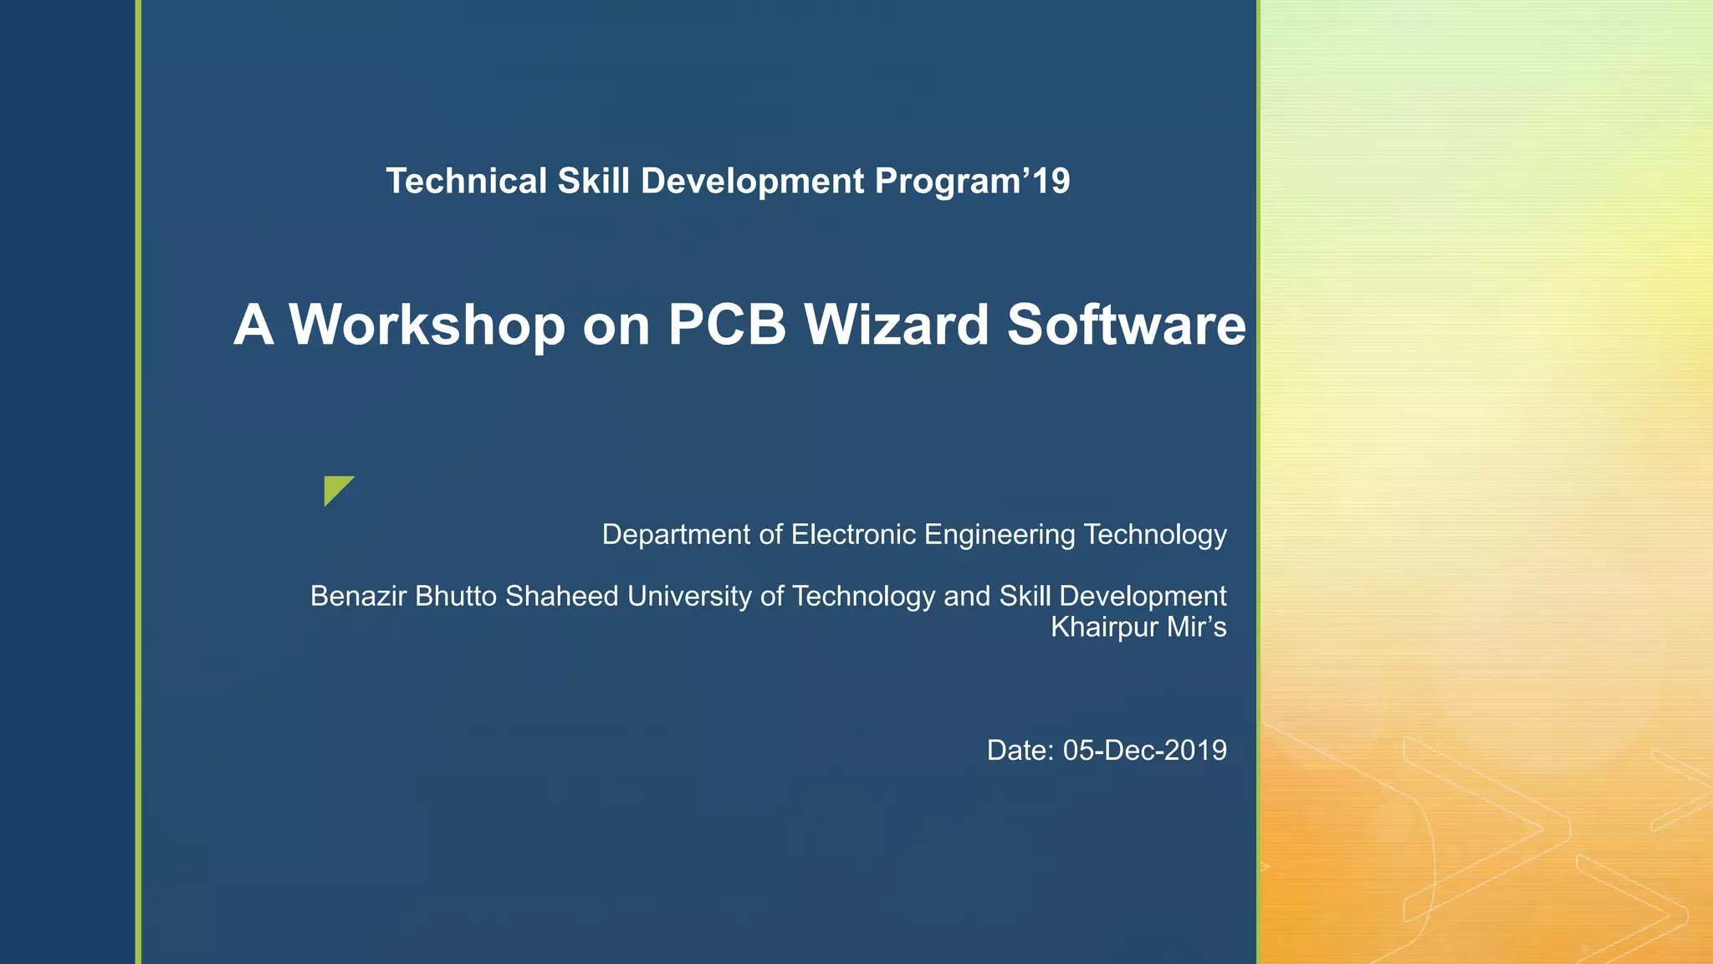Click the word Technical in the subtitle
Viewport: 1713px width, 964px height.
tap(466, 182)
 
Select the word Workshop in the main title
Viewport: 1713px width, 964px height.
tap(427, 325)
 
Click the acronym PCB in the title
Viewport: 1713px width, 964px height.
tap(727, 325)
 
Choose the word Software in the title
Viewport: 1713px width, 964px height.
tap(1126, 325)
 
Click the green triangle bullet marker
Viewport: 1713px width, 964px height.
tap(336, 489)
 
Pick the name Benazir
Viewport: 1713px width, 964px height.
tap(358, 597)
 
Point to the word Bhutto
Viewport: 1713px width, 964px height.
tap(456, 597)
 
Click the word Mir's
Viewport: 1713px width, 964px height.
tap(1197, 627)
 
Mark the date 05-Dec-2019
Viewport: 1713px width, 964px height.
tap(1144, 751)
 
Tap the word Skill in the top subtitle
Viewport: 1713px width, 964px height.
tap(593, 182)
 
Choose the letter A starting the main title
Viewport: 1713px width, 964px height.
tap(253, 325)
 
